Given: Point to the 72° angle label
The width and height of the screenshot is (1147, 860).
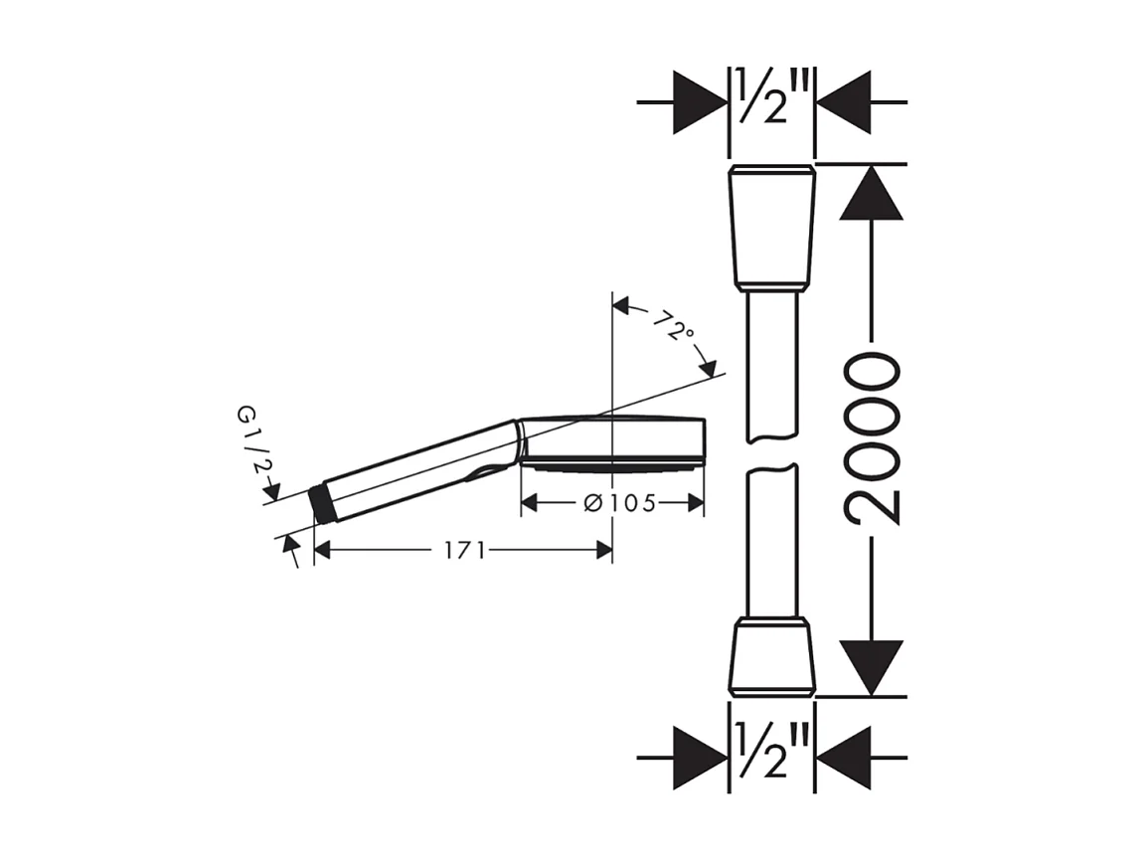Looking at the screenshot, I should point(673,326).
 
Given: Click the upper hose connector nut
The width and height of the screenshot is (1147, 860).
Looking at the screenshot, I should point(771,228).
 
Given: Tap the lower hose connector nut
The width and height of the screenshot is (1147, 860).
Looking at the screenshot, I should point(771,655).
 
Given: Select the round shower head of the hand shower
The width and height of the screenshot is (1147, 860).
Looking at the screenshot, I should point(612,440).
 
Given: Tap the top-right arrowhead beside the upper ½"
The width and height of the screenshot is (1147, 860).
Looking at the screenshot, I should point(844,101).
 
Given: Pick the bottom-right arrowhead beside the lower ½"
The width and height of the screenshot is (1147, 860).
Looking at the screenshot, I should point(844,758).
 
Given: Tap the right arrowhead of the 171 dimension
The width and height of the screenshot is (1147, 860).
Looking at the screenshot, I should point(603,550).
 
